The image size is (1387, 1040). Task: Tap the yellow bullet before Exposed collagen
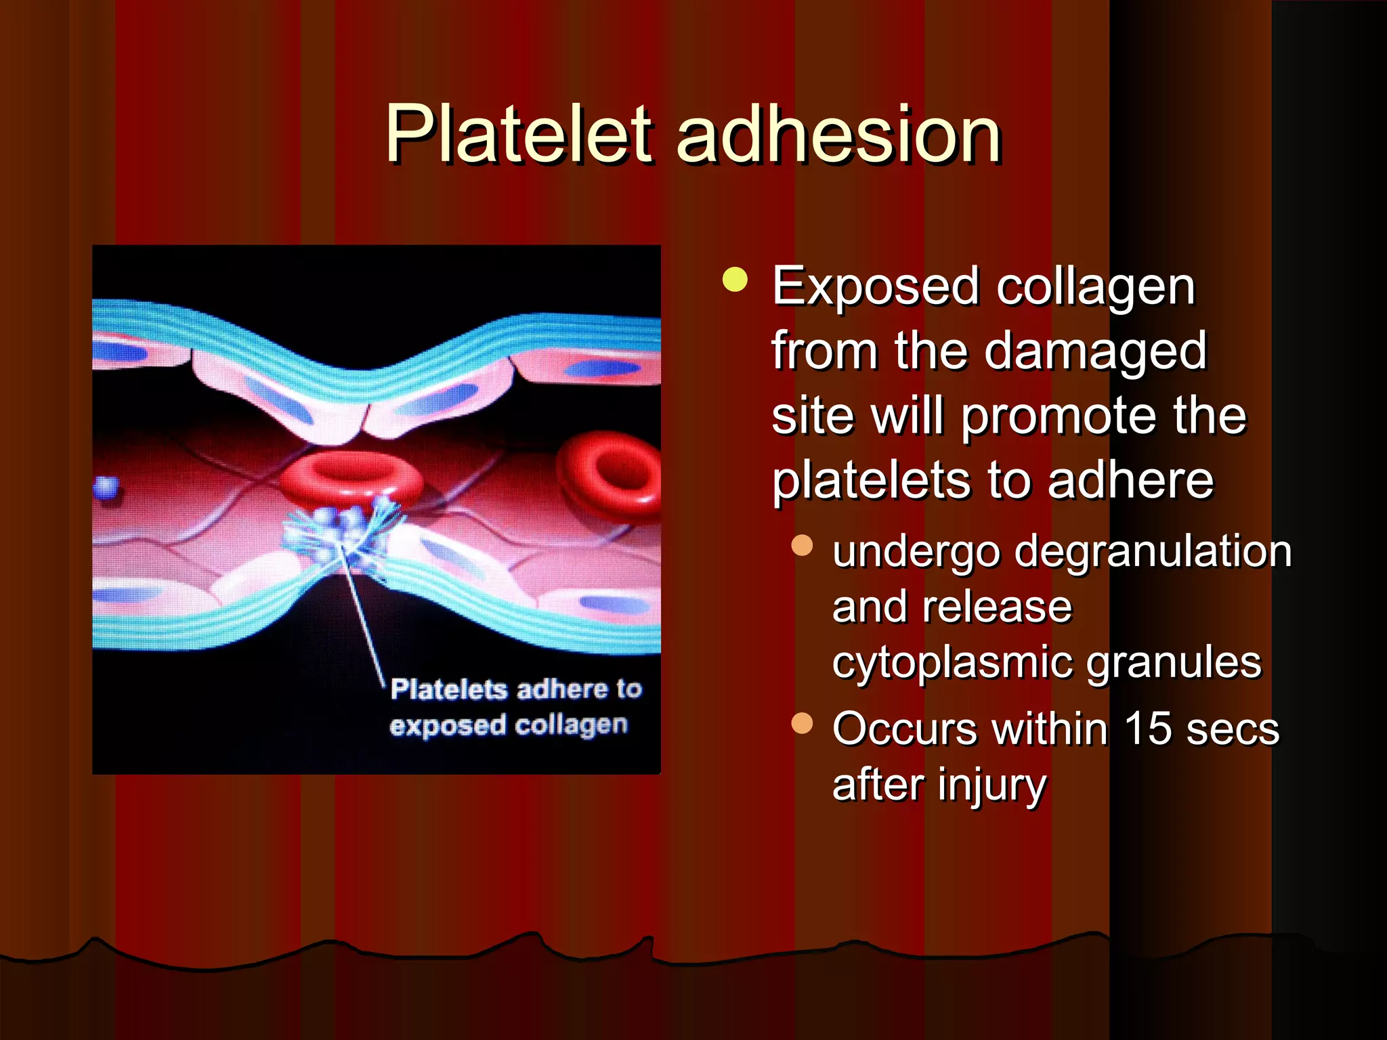[734, 280]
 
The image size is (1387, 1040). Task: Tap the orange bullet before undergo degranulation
[802, 546]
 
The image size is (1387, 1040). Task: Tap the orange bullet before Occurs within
[802, 723]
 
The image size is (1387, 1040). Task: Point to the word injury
[992, 785]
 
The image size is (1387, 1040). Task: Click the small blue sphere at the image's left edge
[107, 488]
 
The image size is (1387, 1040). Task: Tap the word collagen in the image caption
[571, 725]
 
